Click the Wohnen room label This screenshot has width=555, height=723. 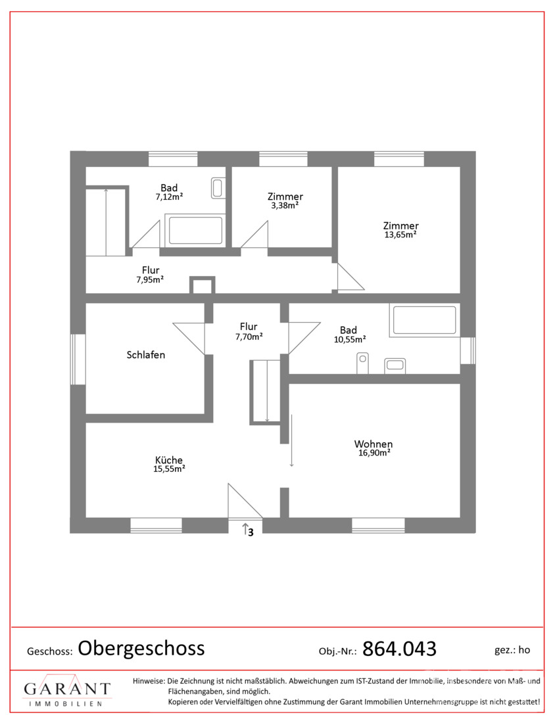374,444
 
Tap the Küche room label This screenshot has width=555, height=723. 169,459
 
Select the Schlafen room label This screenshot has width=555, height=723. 146,354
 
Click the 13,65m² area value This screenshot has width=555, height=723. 400,234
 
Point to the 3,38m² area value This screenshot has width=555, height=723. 285,205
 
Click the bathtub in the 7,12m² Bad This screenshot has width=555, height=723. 195,230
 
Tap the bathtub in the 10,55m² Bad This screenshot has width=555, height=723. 424,319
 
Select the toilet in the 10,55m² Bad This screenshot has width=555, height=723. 362,363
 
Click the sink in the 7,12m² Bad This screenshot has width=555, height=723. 218,188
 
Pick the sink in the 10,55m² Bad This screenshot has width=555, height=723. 395,365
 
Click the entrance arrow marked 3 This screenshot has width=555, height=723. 245,528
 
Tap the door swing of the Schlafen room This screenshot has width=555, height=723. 189,338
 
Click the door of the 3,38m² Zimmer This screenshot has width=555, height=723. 254,234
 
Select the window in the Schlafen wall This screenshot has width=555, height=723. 78,359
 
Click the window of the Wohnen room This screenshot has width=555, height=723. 378,525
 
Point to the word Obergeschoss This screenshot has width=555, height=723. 141,648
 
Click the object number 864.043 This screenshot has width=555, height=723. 399,649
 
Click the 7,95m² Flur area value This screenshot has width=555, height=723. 150,279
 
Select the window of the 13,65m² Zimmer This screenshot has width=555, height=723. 399,159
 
